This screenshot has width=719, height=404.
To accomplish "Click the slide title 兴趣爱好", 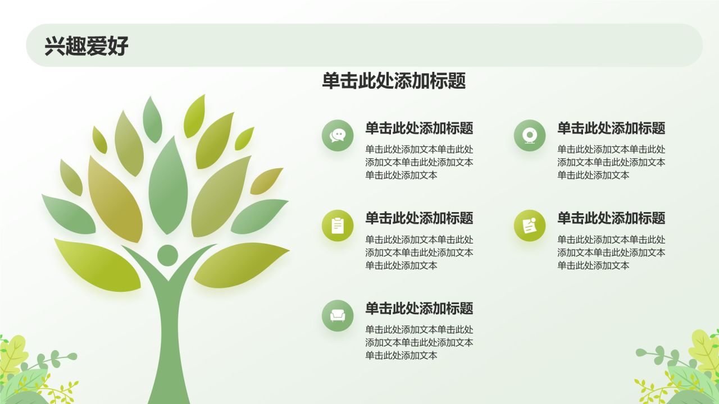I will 87,46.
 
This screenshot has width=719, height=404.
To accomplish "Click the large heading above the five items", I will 394,81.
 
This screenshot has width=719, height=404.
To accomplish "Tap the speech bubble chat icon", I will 338,135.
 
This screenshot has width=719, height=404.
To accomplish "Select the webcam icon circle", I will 530,135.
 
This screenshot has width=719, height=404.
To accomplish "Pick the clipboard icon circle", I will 338,226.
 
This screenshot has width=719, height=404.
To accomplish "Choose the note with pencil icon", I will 530,226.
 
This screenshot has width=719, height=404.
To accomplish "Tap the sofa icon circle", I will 338,315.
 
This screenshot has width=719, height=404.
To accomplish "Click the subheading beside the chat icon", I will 419,128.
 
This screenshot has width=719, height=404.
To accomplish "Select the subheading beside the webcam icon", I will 611,128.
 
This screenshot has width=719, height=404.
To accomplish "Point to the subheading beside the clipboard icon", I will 419,218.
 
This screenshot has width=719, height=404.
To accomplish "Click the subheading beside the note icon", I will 611,218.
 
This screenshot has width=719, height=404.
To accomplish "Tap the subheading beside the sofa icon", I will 419,308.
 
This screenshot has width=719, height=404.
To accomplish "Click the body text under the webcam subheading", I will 611,162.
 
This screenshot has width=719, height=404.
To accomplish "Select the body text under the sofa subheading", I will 419,342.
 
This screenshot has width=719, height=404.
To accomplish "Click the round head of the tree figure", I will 167,255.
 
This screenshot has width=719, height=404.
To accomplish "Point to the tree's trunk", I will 167,348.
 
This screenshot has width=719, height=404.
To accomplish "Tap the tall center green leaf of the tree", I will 168,185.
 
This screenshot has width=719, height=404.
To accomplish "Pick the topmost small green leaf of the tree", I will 152,119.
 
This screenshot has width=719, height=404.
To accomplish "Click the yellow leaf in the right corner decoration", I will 704,351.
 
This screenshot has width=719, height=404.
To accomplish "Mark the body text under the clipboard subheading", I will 419,252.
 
